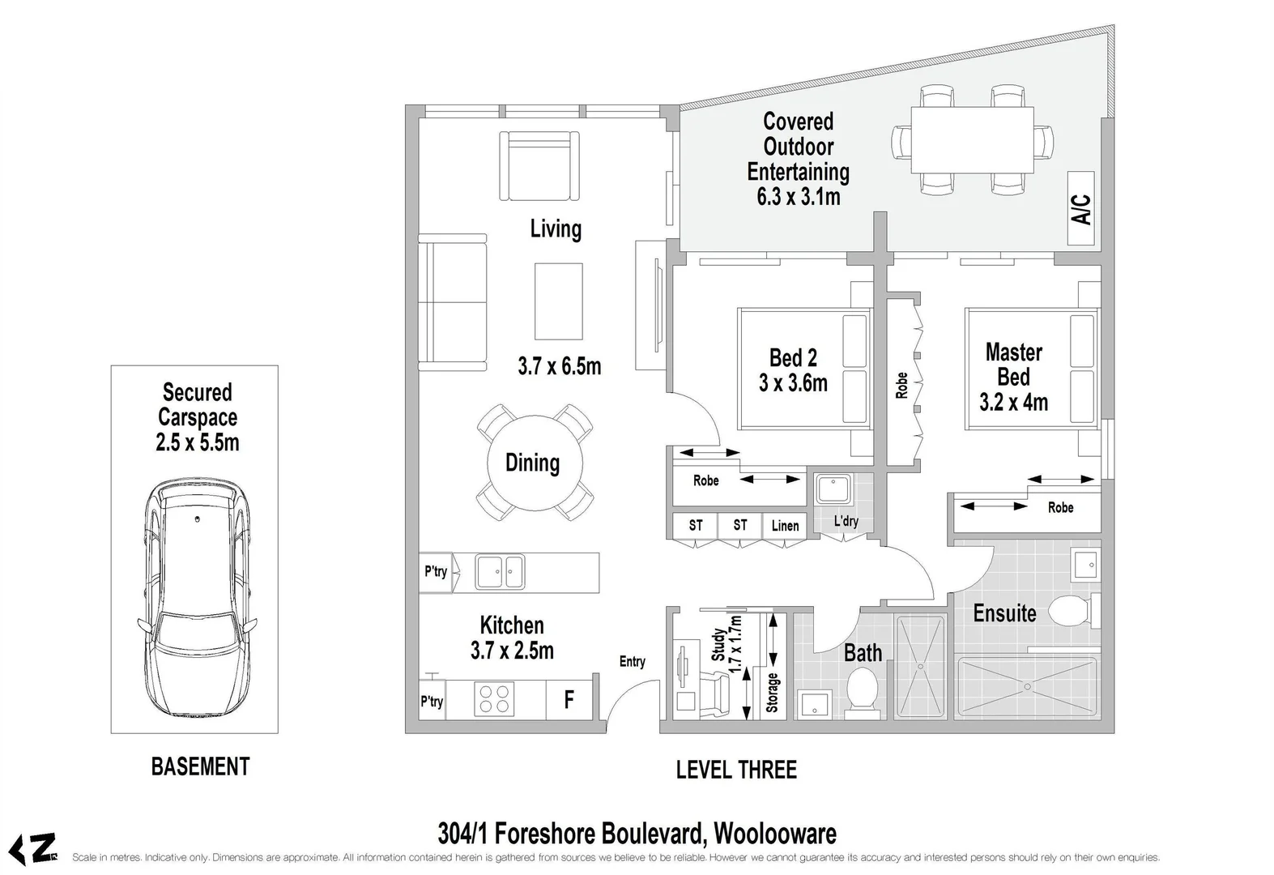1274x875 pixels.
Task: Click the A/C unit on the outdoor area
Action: (1081, 209)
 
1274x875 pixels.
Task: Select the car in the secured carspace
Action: (196, 595)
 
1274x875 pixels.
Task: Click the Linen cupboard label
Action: (785, 526)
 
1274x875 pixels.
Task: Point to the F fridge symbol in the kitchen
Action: (569, 700)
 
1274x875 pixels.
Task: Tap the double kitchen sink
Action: (500, 572)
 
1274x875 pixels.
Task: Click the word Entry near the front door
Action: (633, 662)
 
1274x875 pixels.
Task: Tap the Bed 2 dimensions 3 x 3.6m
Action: (793, 383)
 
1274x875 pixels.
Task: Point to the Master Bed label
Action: (1014, 365)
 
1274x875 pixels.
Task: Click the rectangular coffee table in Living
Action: (558, 301)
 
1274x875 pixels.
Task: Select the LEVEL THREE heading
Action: (736, 770)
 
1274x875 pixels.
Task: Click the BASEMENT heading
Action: (200, 766)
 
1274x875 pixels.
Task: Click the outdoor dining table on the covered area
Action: (972, 139)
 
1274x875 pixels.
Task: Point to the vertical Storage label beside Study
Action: (772, 692)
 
